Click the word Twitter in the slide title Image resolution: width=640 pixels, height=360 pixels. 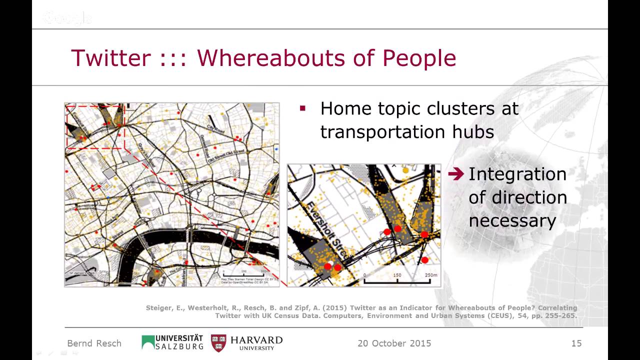click(x=110, y=58)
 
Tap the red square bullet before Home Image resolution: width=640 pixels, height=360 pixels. click(x=302, y=107)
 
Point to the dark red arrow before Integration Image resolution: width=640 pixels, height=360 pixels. click(x=456, y=174)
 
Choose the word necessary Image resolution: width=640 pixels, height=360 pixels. click(x=512, y=221)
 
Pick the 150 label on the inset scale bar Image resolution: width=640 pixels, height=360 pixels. click(x=397, y=275)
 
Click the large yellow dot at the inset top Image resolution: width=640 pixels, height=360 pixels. click(x=405, y=170)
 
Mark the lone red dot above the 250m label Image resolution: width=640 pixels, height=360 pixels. click(x=424, y=260)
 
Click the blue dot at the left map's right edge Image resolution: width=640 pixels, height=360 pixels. click(x=276, y=149)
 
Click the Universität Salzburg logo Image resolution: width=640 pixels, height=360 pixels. click(x=172, y=342)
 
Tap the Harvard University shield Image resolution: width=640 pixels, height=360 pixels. click(x=218, y=343)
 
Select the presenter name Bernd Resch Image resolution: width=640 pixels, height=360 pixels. click(x=94, y=343)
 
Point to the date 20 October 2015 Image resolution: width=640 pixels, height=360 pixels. click(x=394, y=343)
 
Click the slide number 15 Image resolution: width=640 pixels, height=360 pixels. click(x=576, y=343)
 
